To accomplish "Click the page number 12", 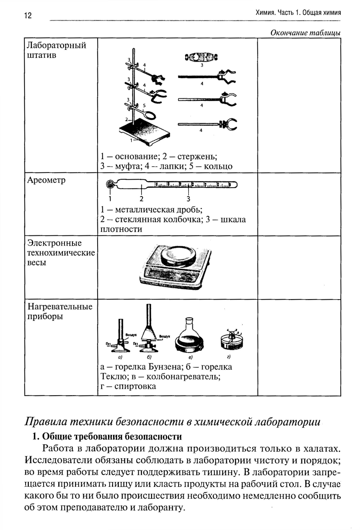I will coord(28,15).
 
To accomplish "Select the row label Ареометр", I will coord(46,180).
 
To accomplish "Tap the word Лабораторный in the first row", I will coord(57,45).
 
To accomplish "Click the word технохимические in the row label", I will coord(61,253).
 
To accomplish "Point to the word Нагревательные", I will coord(60,307).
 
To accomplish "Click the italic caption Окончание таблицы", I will coord(305,33).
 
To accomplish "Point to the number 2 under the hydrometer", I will coord(141,198).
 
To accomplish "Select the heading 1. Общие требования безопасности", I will coord(107,437).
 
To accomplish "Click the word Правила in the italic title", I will coord(45,422).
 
